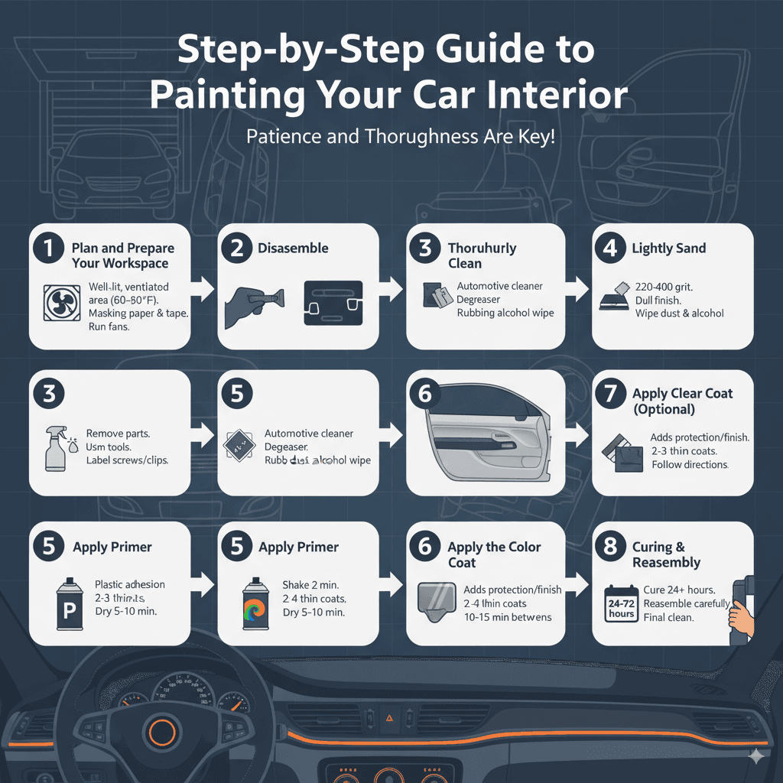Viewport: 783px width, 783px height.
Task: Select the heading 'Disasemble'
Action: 293,248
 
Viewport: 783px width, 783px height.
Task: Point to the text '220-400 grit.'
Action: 664,286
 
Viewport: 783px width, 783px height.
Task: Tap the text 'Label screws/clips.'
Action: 128,460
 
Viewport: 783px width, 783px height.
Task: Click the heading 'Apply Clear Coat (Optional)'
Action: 682,401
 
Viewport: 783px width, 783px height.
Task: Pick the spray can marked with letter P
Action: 70,604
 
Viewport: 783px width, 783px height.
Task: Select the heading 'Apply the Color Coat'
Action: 494,554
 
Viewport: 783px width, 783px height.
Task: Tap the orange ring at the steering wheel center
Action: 162,732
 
